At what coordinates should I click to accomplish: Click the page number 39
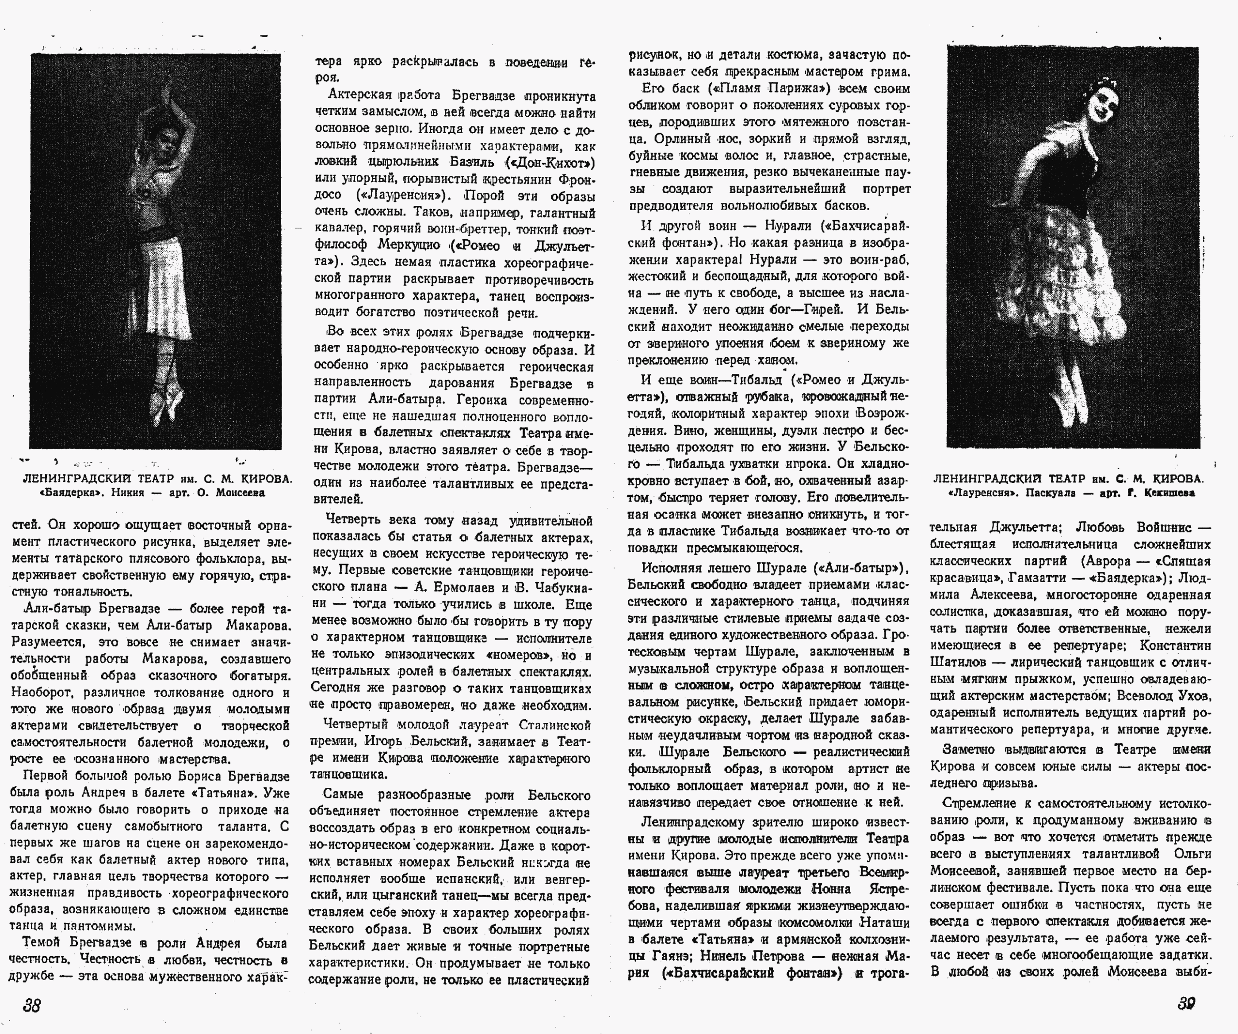click(x=1186, y=1004)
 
